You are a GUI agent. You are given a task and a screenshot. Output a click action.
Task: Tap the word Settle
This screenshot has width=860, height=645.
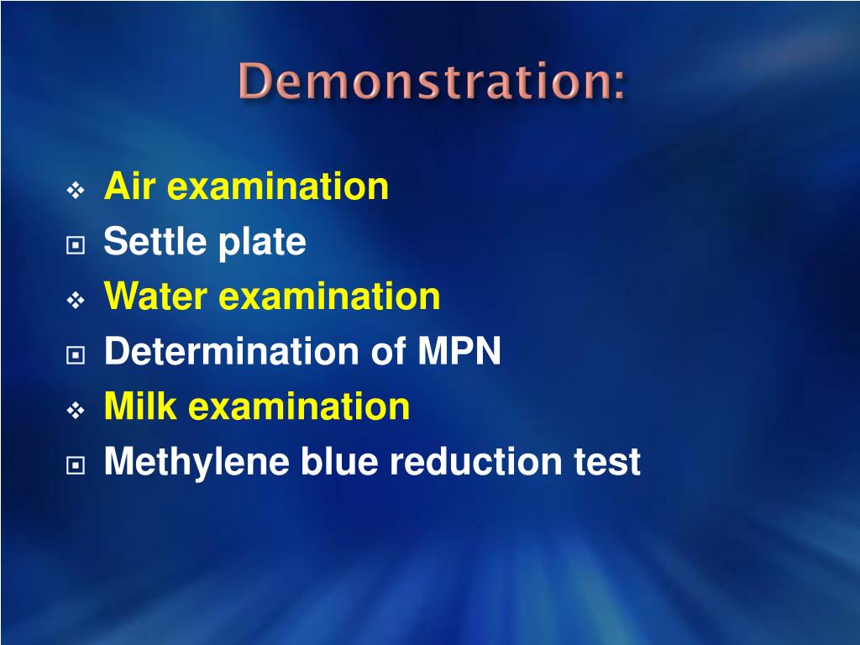pos(155,242)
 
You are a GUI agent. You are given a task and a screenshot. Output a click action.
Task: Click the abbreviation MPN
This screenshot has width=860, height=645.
pos(459,351)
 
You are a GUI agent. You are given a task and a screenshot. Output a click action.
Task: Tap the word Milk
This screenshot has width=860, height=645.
pos(140,406)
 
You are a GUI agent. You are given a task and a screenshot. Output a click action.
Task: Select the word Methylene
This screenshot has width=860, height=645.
pos(191,463)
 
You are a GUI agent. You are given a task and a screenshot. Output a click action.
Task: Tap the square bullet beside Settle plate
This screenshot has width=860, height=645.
pos(76,245)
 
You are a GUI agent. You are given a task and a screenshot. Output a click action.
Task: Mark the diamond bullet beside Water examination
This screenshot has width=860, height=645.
pos(76,301)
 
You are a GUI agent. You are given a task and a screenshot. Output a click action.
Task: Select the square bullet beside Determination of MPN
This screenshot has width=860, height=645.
pos(76,355)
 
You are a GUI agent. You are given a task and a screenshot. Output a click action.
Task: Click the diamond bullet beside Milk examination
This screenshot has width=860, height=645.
pos(76,411)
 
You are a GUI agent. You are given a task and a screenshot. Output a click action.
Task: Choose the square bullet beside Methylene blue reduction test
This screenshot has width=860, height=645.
pos(76,465)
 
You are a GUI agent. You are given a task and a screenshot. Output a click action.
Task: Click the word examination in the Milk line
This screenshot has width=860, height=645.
pos(299,406)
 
